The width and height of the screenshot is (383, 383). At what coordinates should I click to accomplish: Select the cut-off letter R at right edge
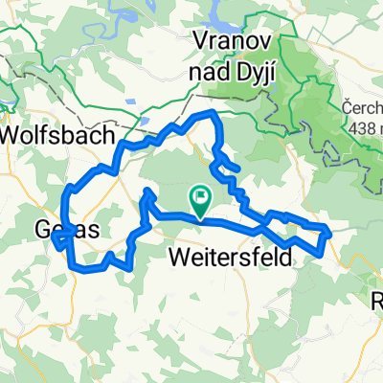(376, 301)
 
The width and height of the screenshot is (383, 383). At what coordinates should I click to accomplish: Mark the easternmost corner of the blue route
(329, 231)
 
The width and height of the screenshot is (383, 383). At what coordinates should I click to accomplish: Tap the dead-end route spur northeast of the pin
(236, 169)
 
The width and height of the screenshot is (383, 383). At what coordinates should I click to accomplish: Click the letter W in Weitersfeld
(178, 256)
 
